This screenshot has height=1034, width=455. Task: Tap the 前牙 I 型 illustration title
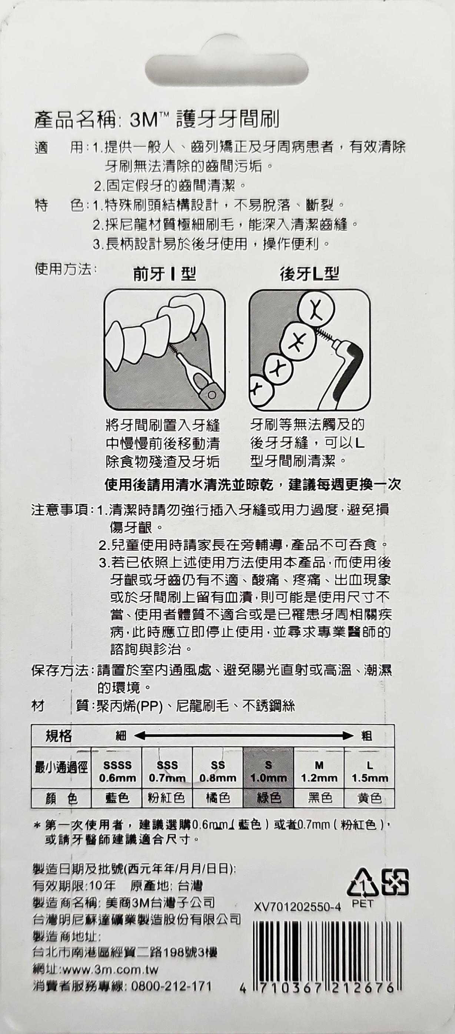point(165,274)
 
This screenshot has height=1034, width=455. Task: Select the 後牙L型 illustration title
point(309,274)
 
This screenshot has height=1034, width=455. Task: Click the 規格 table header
point(59,736)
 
